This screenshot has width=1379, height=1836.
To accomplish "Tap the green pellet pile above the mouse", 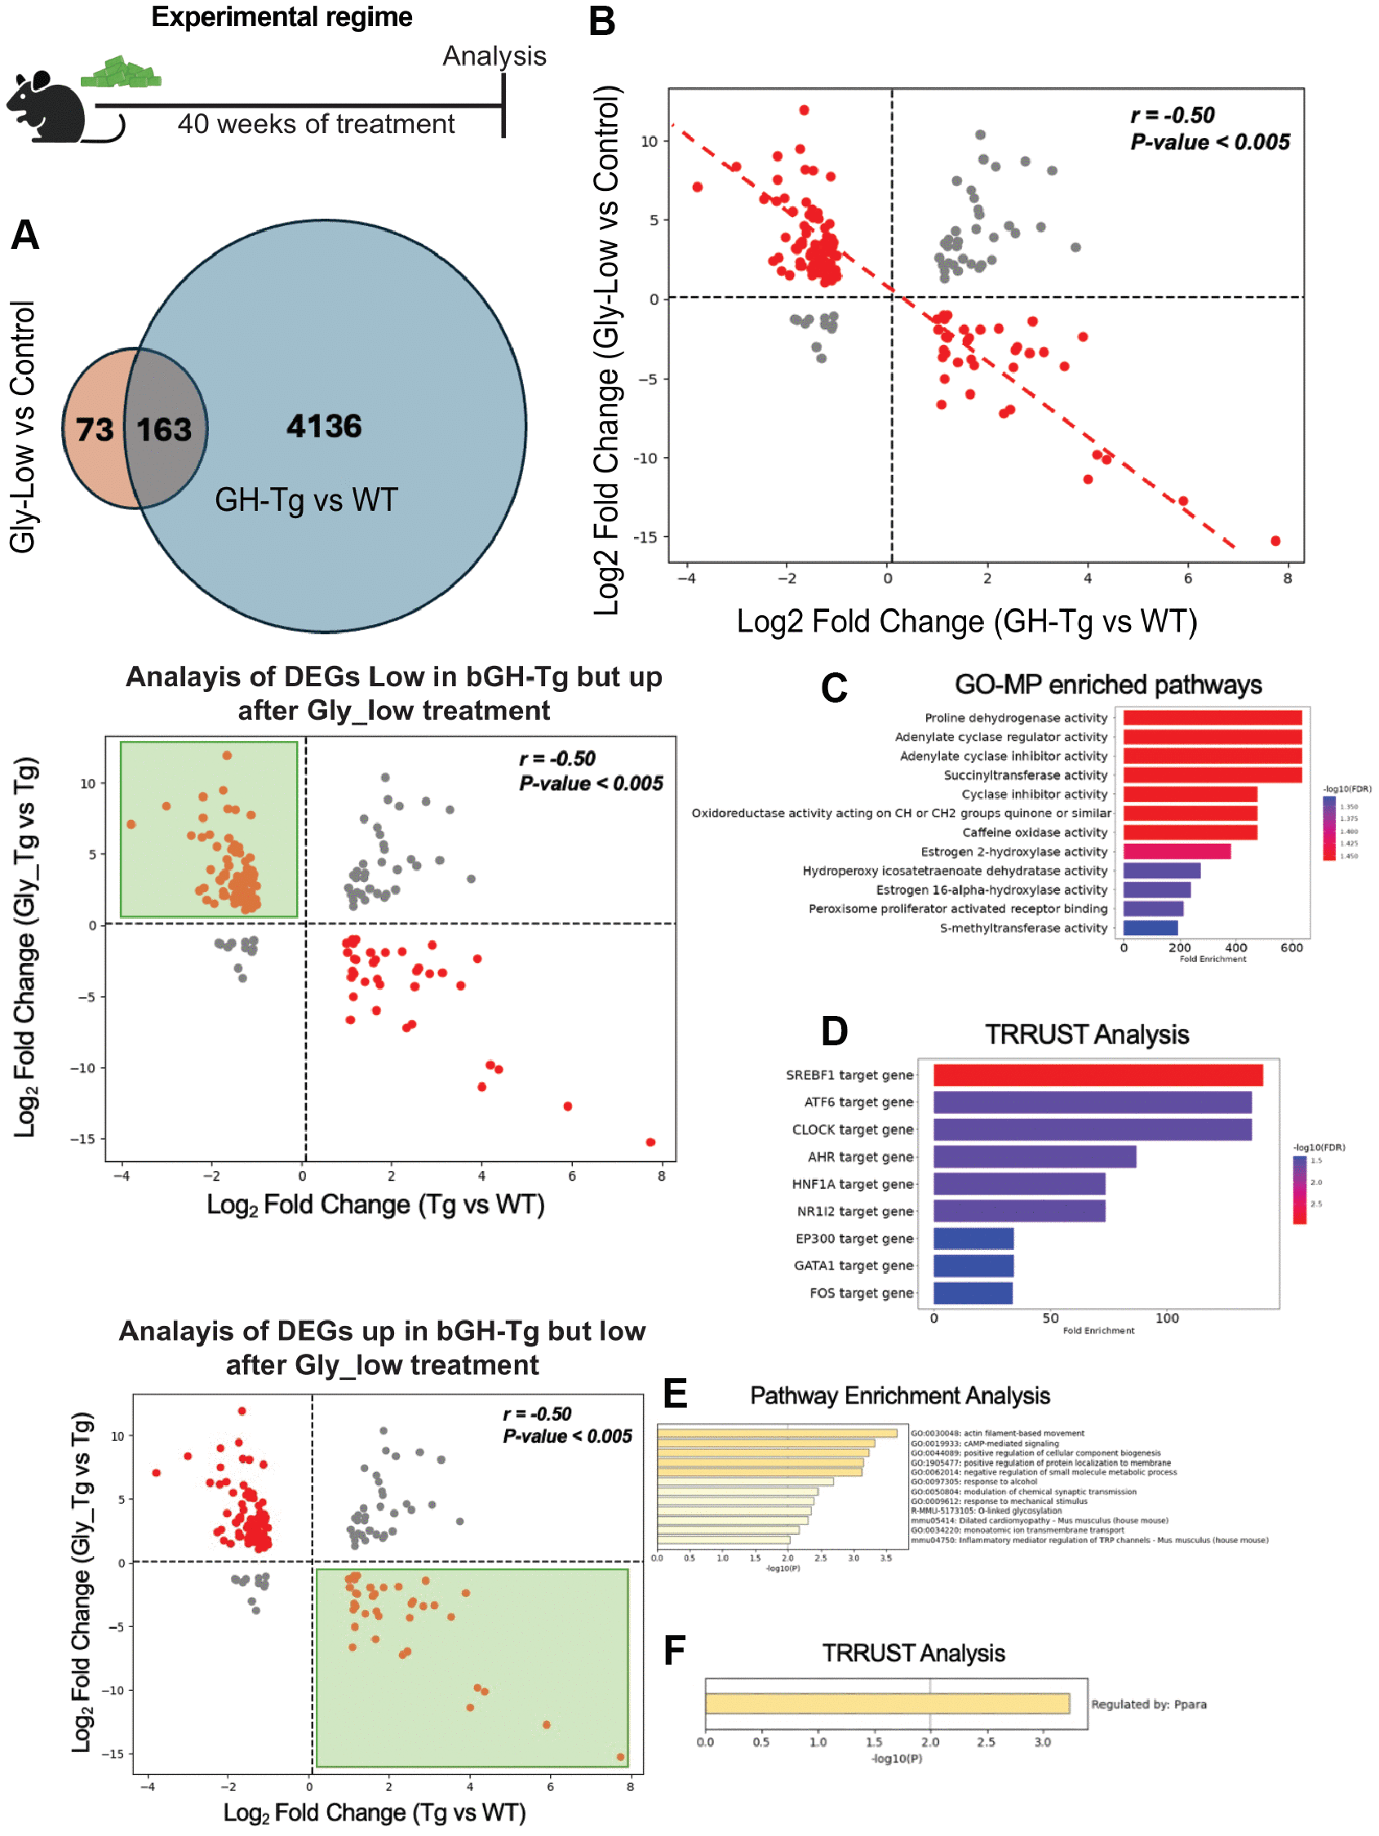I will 122,73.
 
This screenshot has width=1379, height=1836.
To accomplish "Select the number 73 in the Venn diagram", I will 94,429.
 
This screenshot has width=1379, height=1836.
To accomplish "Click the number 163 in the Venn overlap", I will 163,429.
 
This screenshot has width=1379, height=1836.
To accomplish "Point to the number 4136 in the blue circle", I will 324,426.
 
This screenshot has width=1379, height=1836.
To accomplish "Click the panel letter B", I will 602,21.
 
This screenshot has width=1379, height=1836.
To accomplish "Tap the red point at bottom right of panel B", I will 1275,541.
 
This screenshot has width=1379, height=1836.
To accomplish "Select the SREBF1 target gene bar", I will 1097,1075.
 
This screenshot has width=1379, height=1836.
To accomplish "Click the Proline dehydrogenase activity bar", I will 1211,718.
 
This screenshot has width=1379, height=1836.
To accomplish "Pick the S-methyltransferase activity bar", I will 1150,928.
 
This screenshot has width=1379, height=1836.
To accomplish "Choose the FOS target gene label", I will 861,1293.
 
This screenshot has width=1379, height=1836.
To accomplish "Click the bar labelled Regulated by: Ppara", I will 887,1703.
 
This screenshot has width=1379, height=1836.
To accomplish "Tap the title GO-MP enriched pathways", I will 1107,685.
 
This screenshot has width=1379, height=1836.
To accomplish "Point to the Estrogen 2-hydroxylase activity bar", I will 1177,852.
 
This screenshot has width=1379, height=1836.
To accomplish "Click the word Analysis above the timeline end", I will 494,56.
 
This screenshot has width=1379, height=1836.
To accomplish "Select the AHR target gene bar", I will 1034,1156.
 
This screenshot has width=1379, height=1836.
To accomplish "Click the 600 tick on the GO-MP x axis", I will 1291,948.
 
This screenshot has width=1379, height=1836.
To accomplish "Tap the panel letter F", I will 674,1650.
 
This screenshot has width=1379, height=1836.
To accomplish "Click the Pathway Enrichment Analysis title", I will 899,1396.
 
